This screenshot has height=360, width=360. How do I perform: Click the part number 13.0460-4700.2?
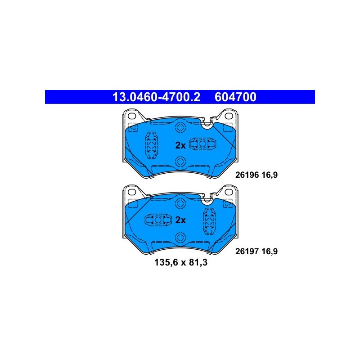coord(156,97)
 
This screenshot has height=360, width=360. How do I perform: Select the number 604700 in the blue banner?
coord(235,97)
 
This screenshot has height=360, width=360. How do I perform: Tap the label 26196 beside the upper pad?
coord(247,175)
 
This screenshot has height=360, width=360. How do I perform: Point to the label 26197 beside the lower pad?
coord(247,252)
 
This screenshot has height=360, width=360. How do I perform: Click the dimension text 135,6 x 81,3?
coord(181,262)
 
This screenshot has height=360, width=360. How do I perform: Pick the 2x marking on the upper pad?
coord(180,145)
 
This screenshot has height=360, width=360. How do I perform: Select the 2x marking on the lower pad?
coord(180,220)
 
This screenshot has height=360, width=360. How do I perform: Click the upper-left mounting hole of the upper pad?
coord(132,116)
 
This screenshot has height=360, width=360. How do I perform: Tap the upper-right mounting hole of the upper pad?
coord(229,116)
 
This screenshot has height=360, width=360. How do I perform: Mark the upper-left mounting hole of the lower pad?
coord(132,192)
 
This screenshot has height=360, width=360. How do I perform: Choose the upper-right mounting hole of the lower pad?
coord(229,192)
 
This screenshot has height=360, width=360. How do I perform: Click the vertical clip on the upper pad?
coord(152,145)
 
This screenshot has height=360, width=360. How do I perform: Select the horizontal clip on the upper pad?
coord(202,144)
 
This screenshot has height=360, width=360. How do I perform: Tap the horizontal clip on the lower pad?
coord(158,220)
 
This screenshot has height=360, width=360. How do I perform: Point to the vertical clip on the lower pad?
coord(209,221)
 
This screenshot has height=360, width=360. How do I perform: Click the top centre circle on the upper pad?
coord(180,128)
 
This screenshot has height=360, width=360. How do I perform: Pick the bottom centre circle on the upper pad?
coord(180,162)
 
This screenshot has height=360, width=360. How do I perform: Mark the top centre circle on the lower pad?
coord(180,203)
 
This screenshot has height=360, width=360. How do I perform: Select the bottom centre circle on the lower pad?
coord(180,238)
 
